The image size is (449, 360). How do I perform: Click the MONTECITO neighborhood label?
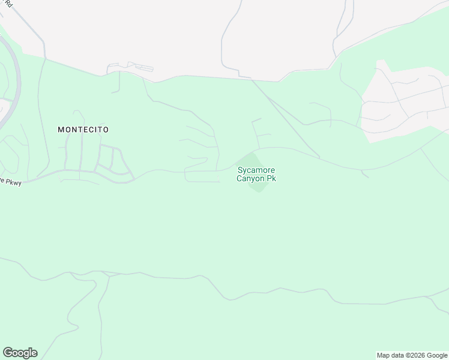(83, 129)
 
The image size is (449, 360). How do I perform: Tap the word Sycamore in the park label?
(256, 170)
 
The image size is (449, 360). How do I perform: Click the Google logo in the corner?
(20, 353)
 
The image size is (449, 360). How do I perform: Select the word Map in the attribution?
(384, 356)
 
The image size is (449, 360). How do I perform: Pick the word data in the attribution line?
(398, 356)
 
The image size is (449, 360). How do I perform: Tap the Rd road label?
(9, 3)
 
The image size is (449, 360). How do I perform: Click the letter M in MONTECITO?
(61, 129)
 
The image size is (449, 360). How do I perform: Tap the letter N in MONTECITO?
(73, 129)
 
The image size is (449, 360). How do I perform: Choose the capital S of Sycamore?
(240, 170)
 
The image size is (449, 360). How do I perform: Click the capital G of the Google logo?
(7, 353)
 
